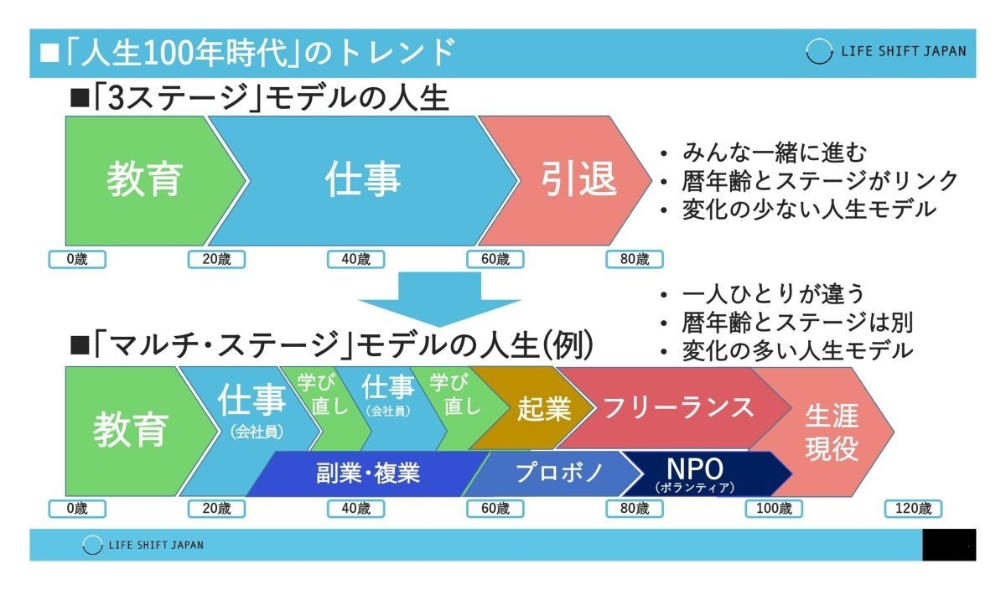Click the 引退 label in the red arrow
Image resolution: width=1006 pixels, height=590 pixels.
(x=579, y=179)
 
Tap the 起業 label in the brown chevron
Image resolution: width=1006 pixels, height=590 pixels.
(x=544, y=409)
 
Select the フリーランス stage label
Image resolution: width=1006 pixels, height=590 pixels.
(x=678, y=407)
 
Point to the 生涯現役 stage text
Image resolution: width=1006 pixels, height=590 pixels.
(x=832, y=432)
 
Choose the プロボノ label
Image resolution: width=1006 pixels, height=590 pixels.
(x=559, y=473)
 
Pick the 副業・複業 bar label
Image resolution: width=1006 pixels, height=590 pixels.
(x=368, y=473)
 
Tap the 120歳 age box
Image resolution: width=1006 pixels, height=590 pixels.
(x=913, y=509)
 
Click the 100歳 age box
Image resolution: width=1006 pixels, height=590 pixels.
(x=774, y=509)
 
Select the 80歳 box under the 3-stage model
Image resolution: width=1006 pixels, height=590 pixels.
(x=635, y=259)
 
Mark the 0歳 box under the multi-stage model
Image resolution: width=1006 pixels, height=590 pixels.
(x=77, y=509)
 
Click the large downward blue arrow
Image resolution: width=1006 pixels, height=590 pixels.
(x=439, y=299)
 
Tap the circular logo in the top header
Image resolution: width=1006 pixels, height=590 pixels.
(x=819, y=51)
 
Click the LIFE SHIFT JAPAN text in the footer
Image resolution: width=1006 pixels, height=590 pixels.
(x=156, y=545)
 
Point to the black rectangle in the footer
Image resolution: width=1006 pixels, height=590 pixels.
(x=949, y=545)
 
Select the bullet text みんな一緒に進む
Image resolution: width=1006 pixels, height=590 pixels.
(x=775, y=153)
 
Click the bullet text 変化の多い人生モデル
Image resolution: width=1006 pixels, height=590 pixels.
(x=797, y=350)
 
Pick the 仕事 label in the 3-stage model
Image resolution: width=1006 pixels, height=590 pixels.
(x=363, y=179)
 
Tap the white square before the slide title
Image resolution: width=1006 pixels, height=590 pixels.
(x=49, y=53)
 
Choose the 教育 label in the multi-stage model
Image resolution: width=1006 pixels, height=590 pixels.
(x=131, y=430)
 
